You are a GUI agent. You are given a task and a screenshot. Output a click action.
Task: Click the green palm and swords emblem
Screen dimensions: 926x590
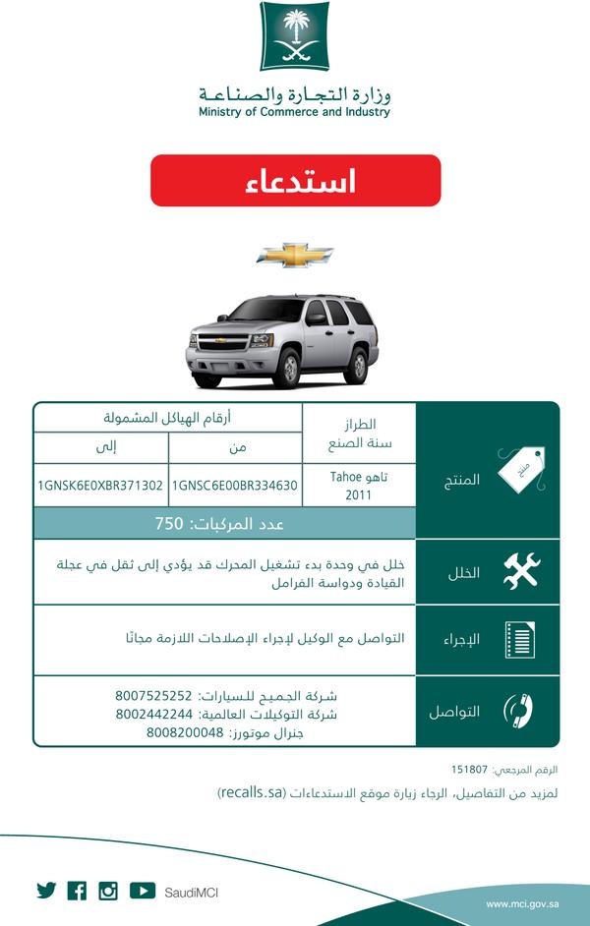(x=294, y=36)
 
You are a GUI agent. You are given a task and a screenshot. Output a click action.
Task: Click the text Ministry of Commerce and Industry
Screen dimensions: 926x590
(x=294, y=112)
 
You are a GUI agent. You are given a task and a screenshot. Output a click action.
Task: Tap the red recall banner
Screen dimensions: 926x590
(x=295, y=181)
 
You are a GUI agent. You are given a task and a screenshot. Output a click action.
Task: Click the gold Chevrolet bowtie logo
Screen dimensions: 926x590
(x=295, y=256)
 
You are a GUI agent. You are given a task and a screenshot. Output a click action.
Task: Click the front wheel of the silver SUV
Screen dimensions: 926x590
(x=286, y=369)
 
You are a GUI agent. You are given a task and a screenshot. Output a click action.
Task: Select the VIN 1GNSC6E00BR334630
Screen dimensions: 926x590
(x=234, y=485)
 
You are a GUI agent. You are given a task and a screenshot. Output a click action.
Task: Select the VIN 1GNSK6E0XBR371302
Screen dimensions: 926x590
(x=101, y=485)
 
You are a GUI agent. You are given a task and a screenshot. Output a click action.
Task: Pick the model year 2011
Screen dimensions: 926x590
(x=359, y=494)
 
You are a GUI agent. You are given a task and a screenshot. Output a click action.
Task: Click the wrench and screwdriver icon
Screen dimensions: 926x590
(x=520, y=571)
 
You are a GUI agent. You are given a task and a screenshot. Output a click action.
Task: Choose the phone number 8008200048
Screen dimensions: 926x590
(x=186, y=732)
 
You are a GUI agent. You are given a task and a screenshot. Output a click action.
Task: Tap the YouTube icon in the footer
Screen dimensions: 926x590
(x=143, y=891)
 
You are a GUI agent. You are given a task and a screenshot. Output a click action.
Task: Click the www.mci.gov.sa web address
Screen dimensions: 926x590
(x=522, y=903)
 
